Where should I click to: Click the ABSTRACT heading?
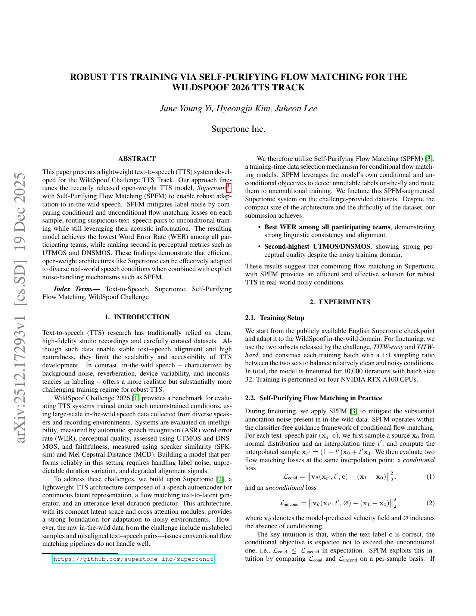(137, 159)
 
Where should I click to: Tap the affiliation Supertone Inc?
(238, 129)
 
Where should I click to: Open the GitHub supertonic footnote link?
(133, 559)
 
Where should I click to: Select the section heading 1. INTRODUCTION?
(137, 317)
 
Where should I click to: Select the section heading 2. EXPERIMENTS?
(340, 302)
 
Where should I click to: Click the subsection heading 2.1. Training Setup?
(274, 318)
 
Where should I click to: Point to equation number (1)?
(430, 476)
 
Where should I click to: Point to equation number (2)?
(430, 503)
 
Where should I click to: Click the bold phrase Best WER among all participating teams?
(327, 227)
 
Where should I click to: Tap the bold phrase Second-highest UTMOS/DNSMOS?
(317, 246)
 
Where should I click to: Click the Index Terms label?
(77, 289)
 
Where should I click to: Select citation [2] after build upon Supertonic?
(220, 479)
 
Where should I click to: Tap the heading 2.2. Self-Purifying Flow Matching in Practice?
(313, 398)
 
